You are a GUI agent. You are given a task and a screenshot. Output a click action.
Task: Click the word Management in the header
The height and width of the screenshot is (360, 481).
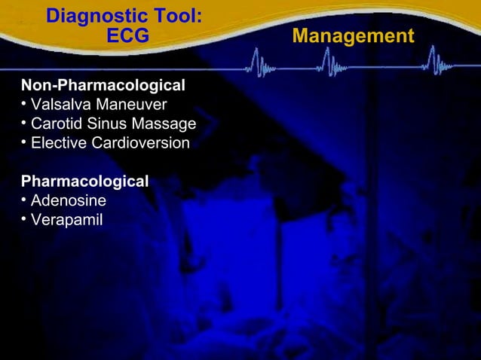(353, 36)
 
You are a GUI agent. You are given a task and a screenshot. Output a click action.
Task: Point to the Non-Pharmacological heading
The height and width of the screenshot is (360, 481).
(103, 84)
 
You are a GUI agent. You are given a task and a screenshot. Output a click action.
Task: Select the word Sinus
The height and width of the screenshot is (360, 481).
(109, 124)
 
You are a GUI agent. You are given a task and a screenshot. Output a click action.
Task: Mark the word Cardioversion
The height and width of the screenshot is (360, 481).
(142, 143)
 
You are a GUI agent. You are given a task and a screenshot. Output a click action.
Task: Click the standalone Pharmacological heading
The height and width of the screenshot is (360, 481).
(84, 182)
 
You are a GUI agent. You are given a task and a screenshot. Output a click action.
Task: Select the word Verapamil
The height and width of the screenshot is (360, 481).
(66, 221)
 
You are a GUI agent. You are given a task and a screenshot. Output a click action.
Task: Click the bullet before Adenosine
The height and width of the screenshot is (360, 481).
(24, 200)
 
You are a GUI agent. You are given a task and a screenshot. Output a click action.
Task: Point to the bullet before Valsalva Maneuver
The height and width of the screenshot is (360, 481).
(24, 102)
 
